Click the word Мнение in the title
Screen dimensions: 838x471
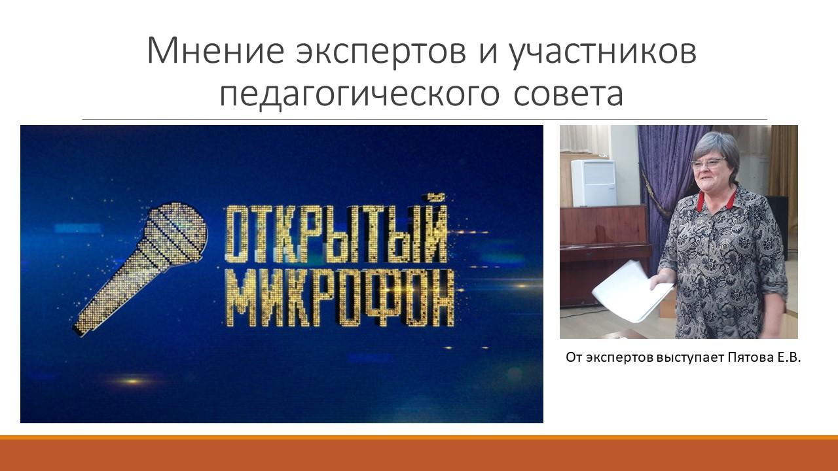tap(215, 50)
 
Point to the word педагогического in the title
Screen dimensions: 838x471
tap(359, 96)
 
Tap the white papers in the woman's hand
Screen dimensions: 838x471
tap(632, 292)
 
